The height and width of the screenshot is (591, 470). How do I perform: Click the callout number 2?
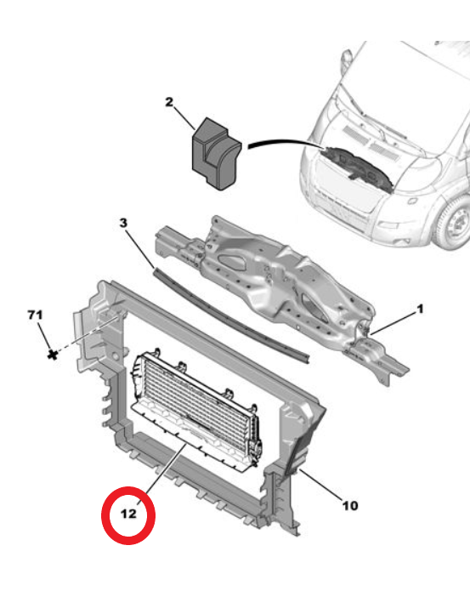[168, 103]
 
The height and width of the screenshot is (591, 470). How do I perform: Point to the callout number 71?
[35, 315]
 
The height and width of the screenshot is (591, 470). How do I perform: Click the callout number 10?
[349, 506]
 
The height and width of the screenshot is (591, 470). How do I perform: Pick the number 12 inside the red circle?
[128, 514]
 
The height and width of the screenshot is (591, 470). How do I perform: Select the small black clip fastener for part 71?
[53, 351]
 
